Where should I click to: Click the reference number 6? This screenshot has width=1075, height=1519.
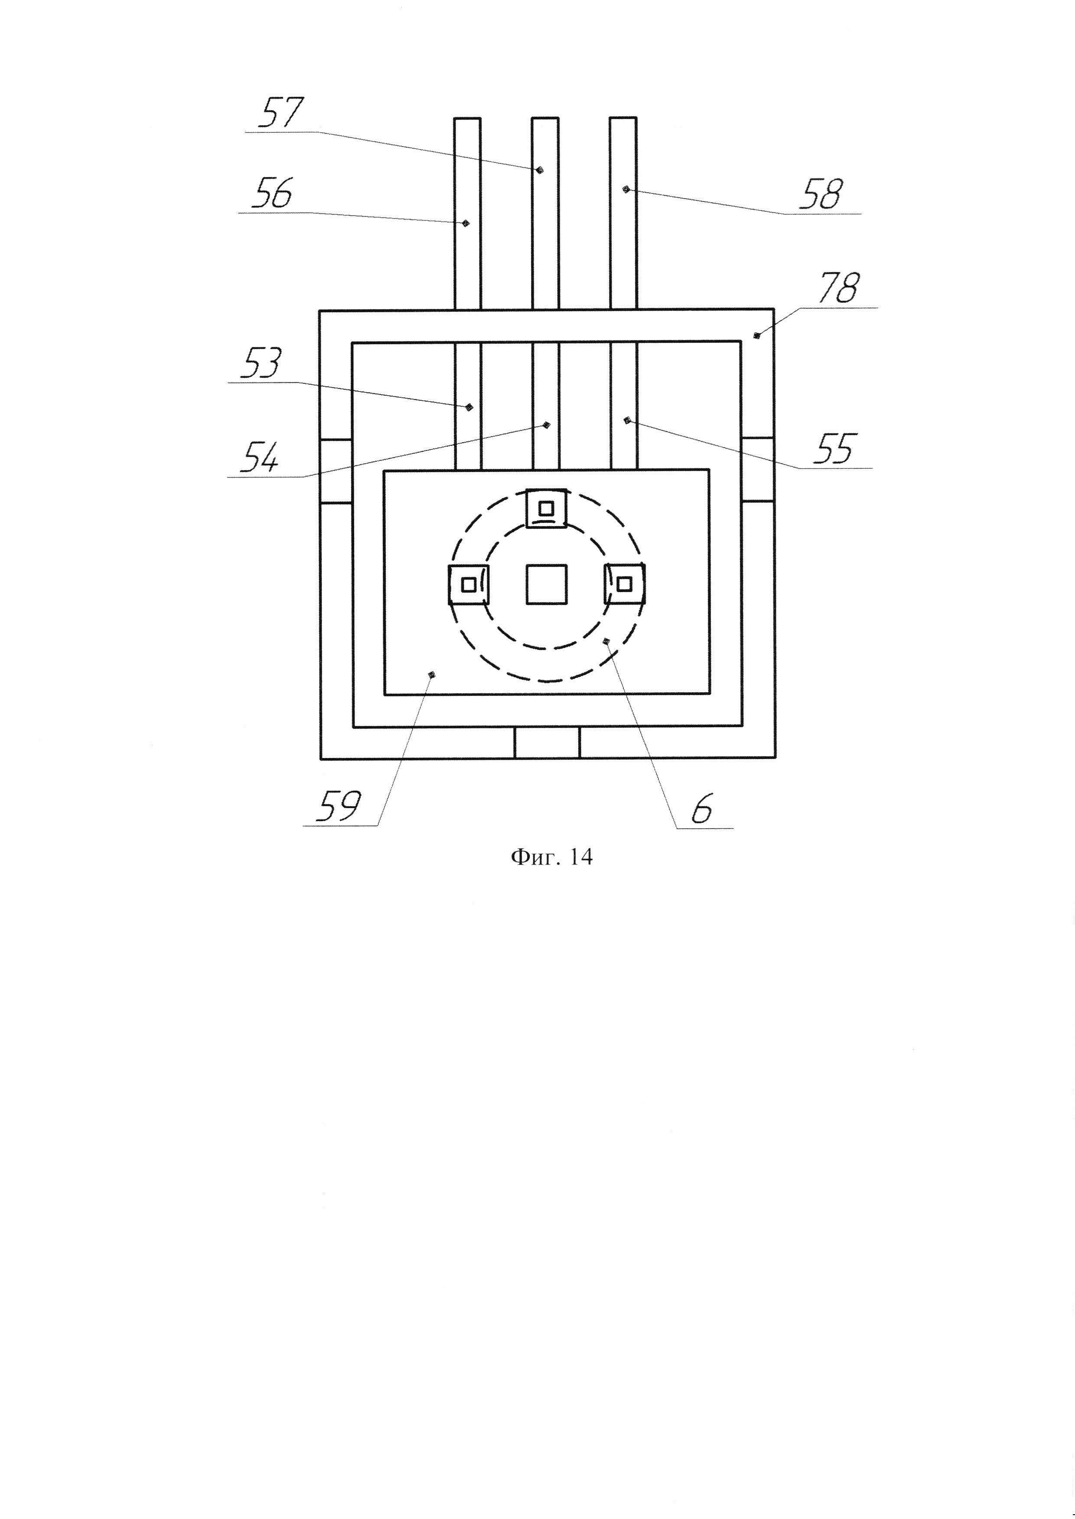tap(702, 809)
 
